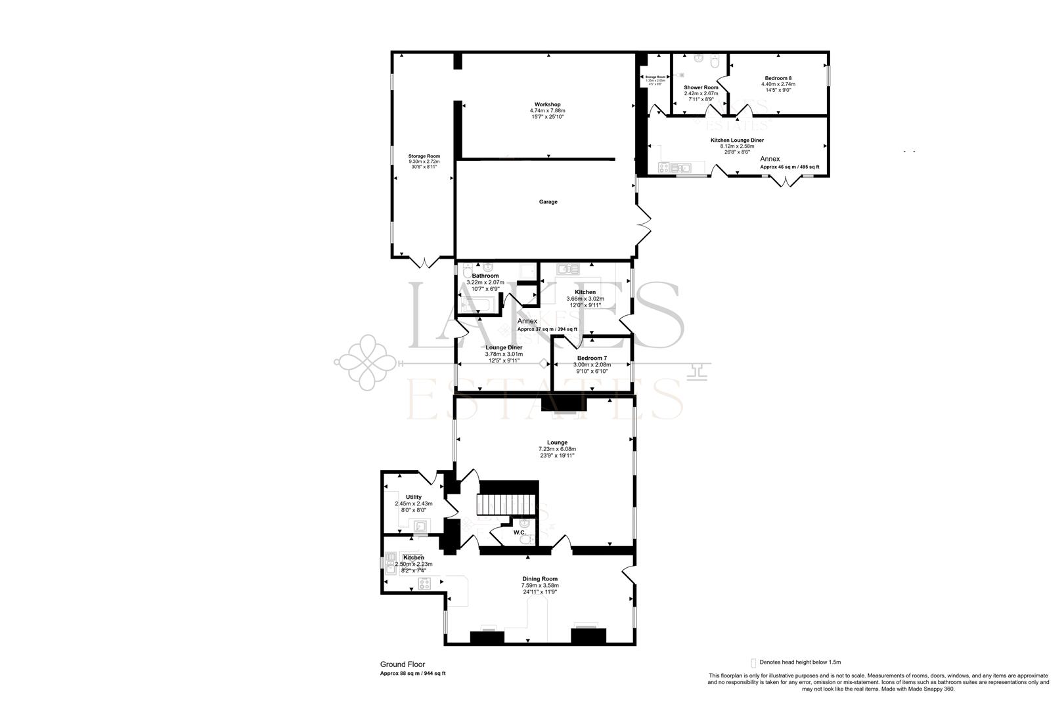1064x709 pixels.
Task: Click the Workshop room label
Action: (x=547, y=104)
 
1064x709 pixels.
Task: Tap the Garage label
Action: (x=548, y=202)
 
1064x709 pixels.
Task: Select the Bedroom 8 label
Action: (x=778, y=77)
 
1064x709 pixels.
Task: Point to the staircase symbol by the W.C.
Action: (x=508, y=505)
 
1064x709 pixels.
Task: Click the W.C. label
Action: (x=520, y=532)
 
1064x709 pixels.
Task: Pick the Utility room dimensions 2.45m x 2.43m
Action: (x=413, y=504)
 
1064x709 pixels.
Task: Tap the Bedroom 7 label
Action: (x=592, y=358)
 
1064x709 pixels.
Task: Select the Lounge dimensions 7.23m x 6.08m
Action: (x=557, y=449)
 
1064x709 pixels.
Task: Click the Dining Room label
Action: (x=540, y=578)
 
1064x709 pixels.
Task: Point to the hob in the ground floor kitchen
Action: (x=424, y=583)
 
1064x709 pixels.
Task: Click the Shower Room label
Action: (x=701, y=87)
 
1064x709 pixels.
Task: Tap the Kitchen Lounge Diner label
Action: (x=737, y=140)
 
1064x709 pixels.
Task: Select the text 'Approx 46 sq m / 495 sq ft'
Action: (x=789, y=167)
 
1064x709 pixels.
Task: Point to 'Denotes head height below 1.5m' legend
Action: (x=799, y=662)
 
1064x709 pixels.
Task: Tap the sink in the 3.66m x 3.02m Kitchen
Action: (x=568, y=269)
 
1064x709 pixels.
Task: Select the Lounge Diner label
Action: (x=504, y=347)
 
